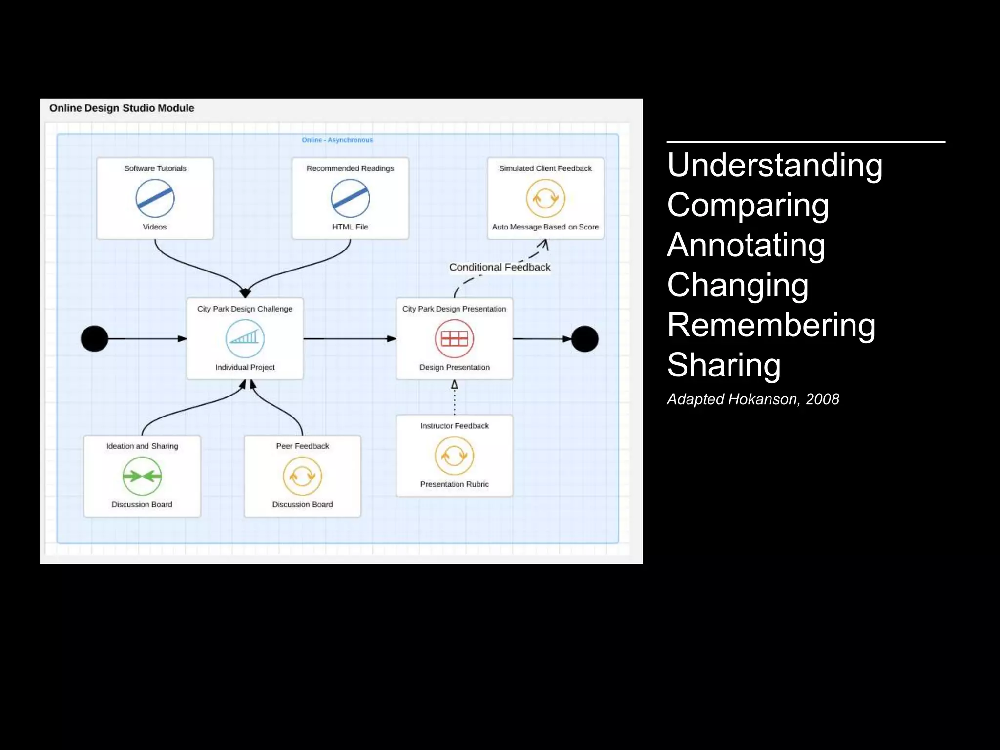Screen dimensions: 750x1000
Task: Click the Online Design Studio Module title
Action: (122, 108)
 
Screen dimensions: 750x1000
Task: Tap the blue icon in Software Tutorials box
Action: (155, 198)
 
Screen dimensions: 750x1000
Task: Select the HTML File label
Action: (350, 227)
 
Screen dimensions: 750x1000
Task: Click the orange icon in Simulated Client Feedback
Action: (545, 198)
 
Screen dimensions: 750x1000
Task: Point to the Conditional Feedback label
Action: (500, 267)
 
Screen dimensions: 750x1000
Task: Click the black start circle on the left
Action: (94, 339)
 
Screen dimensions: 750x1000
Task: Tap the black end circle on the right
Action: (584, 339)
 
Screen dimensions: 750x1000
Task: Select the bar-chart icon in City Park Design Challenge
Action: (245, 338)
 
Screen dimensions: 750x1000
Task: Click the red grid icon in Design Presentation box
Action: (454, 338)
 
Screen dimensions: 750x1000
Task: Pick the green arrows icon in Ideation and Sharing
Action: (142, 476)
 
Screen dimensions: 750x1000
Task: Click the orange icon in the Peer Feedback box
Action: (302, 476)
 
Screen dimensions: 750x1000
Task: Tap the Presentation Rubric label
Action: (454, 484)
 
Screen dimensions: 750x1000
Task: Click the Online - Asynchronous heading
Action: (337, 140)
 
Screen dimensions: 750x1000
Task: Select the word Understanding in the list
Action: (775, 165)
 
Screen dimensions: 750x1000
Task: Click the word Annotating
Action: (746, 245)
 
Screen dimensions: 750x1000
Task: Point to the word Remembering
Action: (771, 325)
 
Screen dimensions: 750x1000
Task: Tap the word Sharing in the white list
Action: (724, 365)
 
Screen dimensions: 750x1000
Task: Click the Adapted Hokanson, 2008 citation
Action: (753, 399)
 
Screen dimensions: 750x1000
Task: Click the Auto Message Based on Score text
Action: (545, 227)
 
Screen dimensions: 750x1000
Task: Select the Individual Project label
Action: (245, 367)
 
